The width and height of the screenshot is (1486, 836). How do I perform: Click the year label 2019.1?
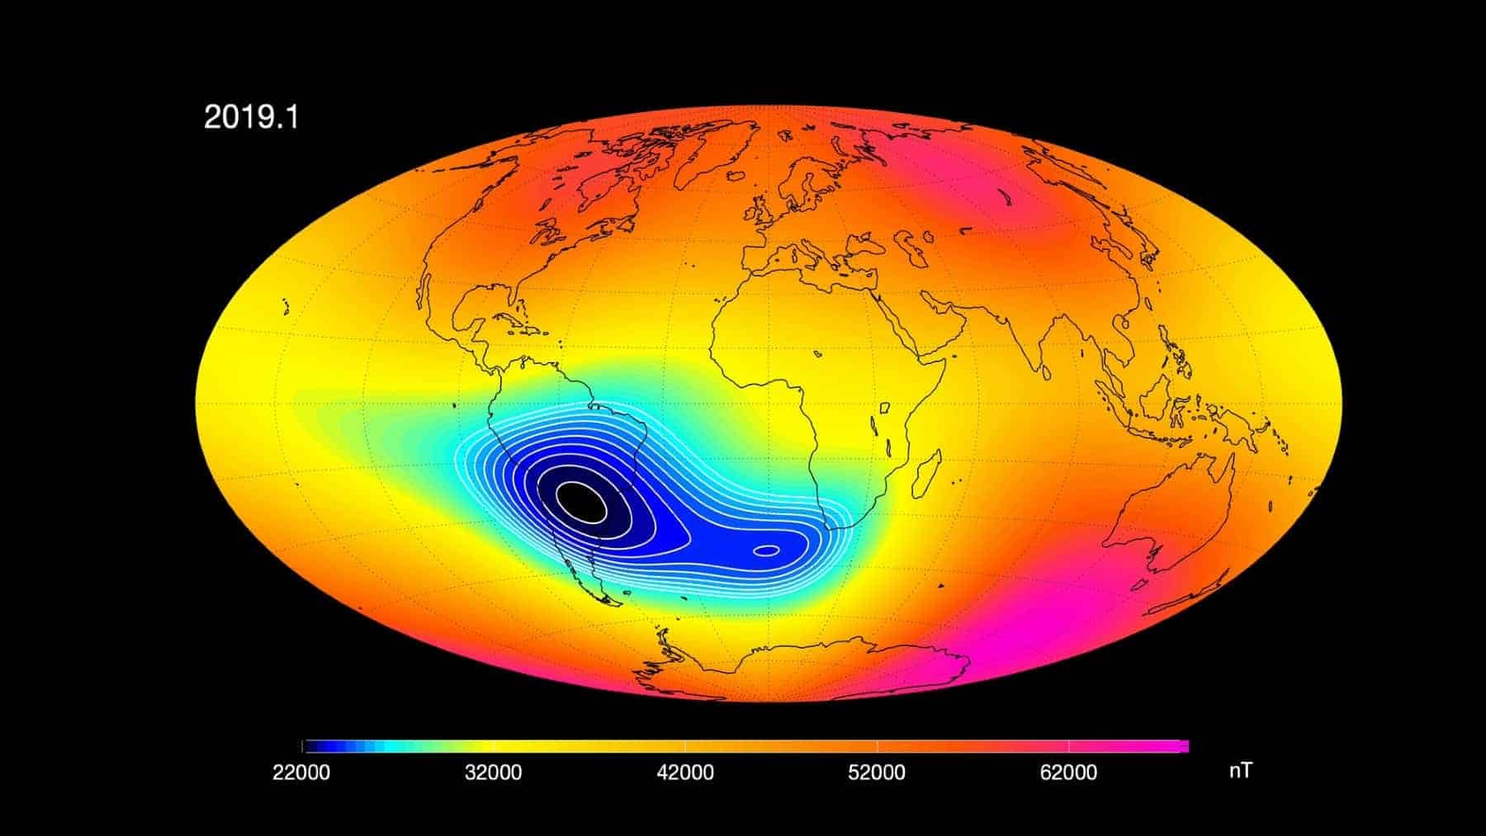click(251, 118)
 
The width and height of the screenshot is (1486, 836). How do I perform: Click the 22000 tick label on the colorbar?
click(301, 772)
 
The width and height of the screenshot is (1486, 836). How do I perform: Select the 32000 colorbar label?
click(493, 772)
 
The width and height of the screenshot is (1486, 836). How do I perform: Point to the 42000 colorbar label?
click(685, 772)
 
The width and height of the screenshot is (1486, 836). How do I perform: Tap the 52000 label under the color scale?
click(877, 772)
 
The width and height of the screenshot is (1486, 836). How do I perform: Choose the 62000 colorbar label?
click(1069, 772)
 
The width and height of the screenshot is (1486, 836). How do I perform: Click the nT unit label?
click(1240, 771)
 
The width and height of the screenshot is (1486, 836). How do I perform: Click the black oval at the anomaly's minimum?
click(580, 500)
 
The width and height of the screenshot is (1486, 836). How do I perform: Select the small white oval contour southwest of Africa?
click(766, 550)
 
